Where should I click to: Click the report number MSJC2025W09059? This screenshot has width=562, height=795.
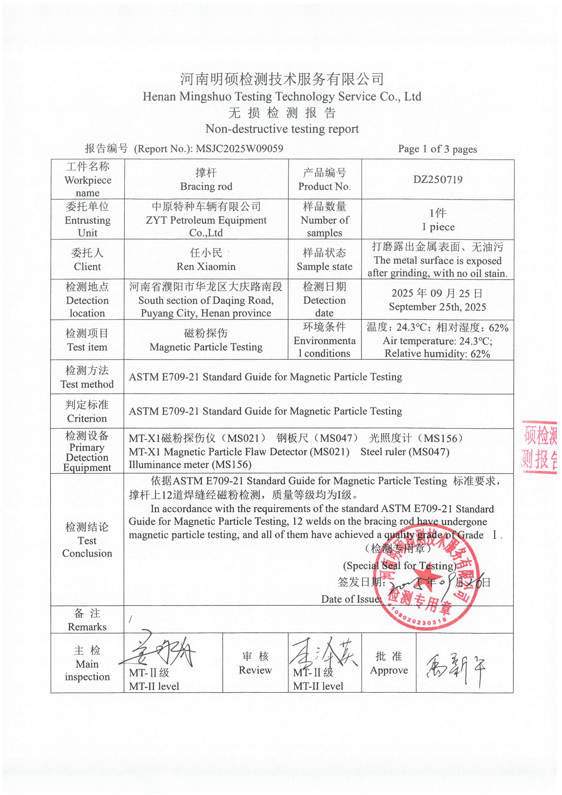point(239,149)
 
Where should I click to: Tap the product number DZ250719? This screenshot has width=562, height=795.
point(438,179)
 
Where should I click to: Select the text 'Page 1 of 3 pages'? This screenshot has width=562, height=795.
point(437,149)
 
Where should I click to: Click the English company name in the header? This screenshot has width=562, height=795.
point(282,96)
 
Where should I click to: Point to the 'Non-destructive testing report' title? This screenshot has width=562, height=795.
point(282,129)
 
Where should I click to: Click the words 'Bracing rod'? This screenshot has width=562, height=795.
point(206,186)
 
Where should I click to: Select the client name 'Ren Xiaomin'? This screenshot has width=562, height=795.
point(206,266)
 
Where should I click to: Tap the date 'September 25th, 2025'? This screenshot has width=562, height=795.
point(437,307)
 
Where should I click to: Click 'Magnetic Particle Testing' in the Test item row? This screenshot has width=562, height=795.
point(206,346)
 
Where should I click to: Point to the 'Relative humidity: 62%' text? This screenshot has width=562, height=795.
point(437,354)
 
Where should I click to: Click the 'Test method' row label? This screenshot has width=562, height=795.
point(87,384)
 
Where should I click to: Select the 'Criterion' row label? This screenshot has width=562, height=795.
point(87,418)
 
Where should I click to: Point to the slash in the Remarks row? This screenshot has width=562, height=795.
point(131,620)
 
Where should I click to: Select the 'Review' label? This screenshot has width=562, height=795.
point(255,670)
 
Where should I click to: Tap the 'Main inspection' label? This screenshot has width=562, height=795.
point(87,670)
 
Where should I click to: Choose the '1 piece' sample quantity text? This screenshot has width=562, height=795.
point(438,227)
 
